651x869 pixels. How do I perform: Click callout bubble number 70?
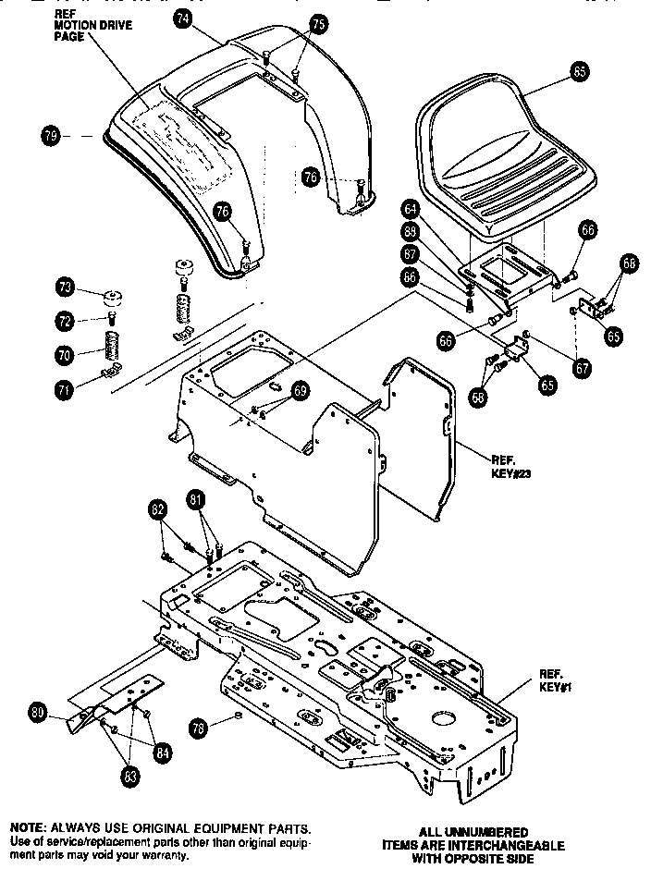(64, 352)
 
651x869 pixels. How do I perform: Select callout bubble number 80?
(37, 713)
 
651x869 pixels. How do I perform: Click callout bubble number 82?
(158, 508)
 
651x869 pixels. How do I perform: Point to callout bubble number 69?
(300, 391)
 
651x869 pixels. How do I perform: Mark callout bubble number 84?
(162, 751)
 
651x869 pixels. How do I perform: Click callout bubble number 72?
(64, 321)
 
